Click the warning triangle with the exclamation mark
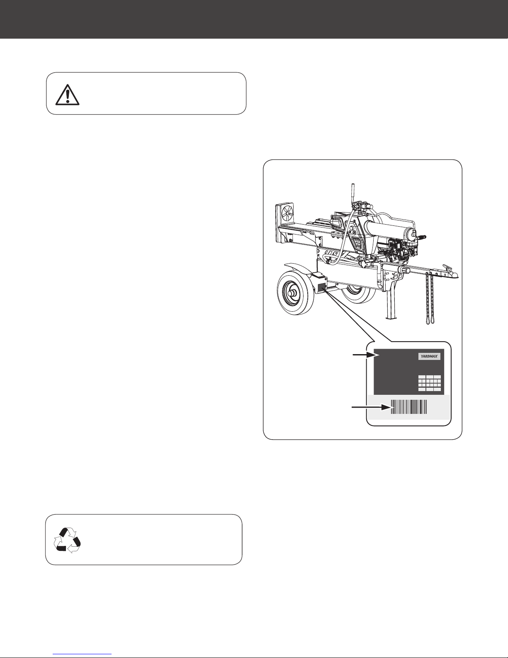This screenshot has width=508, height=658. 68,95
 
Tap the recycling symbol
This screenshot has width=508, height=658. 67,540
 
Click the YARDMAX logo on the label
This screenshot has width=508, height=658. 429,357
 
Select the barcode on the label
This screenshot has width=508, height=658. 409,407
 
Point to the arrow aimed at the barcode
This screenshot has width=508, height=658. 371,407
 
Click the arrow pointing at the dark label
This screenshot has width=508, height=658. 364,355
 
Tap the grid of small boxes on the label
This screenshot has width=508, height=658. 429,383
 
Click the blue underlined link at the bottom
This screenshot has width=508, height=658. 82,654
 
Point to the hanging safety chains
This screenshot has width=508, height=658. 430,298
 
